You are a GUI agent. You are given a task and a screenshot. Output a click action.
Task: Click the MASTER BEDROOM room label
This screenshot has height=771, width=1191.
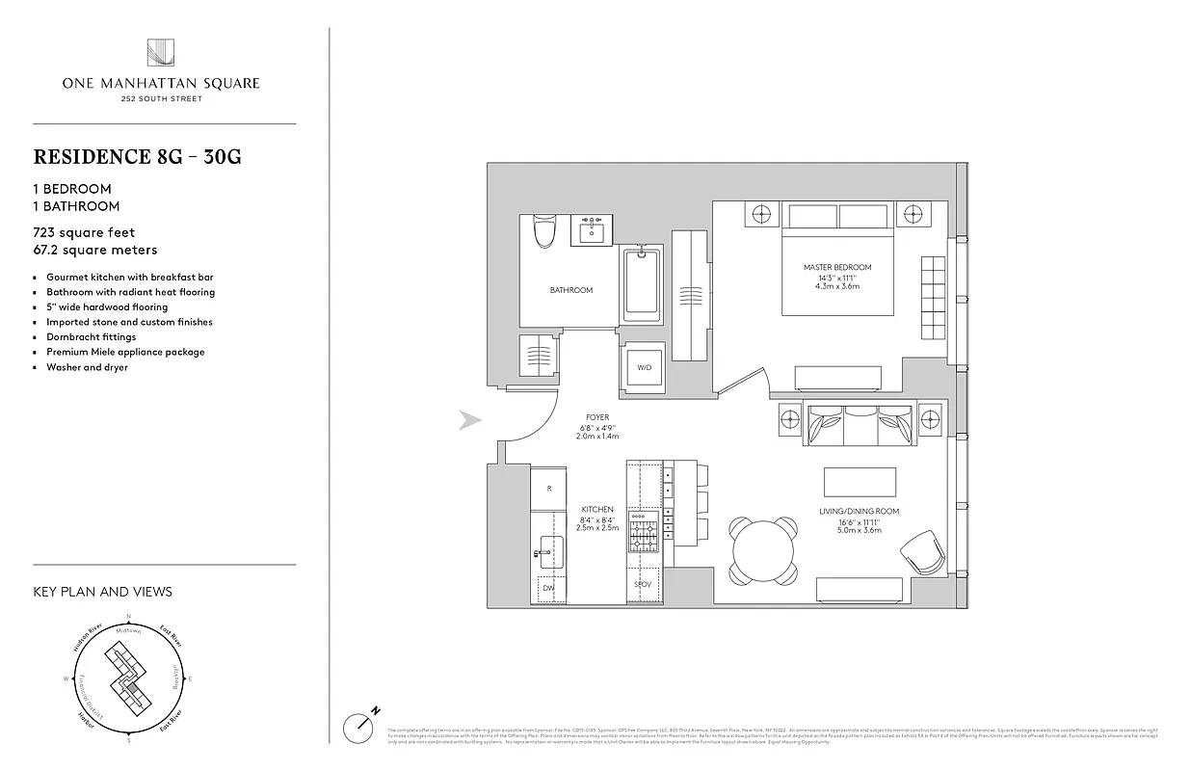836,267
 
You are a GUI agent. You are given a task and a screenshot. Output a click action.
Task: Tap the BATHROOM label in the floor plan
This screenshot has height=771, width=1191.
570,290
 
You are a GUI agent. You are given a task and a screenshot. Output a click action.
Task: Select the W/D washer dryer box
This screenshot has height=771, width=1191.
643,367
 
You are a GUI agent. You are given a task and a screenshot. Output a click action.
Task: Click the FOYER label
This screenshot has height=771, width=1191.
597,417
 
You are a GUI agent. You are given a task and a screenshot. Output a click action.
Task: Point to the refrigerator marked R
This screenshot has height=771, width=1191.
549,489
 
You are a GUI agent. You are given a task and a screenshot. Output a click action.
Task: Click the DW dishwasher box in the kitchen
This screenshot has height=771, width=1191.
549,588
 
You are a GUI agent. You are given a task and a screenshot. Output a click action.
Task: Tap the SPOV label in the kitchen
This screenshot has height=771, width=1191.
643,585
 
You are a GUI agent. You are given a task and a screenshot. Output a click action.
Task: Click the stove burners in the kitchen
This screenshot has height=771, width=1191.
643,532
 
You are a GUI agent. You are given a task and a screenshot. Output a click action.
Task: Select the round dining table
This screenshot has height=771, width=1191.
764,549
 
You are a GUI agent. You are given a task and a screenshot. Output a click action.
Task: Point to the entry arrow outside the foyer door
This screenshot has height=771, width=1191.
469,419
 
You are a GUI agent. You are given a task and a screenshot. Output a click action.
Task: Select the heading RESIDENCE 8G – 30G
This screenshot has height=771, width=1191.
137,157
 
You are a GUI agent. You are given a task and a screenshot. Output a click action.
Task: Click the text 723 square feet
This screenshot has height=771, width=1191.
84,232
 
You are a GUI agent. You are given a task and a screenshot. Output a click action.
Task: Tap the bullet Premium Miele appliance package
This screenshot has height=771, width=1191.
125,352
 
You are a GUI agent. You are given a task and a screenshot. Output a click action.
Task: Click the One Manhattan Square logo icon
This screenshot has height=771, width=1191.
161,54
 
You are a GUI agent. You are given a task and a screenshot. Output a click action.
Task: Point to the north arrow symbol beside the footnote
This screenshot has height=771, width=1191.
358,724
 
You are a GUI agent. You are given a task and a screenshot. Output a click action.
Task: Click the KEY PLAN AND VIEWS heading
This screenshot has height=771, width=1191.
102,592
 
